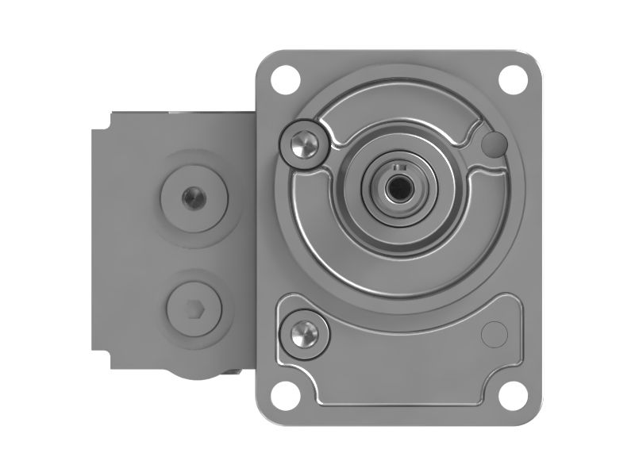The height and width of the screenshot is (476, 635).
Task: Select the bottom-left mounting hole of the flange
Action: click(282, 390)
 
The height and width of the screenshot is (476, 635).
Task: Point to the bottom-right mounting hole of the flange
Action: click(511, 390)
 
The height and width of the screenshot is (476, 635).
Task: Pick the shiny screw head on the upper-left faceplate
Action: click(302, 143)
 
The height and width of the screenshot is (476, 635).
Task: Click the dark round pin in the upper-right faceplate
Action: click(494, 144)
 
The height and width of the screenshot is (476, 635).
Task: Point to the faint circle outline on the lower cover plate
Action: click(494, 332)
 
